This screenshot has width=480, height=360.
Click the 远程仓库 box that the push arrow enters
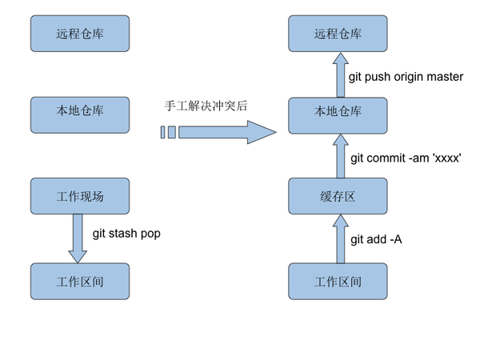[338, 34]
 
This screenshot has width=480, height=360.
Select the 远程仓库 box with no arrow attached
[80, 34]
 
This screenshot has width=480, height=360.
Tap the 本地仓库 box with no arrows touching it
[80, 115]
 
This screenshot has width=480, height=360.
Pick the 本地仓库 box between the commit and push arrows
[338, 116]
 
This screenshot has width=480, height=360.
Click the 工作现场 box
[80, 196]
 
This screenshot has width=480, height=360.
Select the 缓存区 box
[338, 196]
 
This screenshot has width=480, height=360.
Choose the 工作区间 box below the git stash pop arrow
[80, 282]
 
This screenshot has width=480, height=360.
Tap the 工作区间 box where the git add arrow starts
[338, 282]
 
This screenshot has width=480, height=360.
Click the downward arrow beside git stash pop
[78, 238]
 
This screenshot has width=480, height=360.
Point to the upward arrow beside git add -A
[341, 238]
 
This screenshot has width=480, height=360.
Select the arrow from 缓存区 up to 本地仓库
[341, 156]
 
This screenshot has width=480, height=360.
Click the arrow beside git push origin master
[341, 75]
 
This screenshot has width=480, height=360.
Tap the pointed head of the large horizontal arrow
[276, 132]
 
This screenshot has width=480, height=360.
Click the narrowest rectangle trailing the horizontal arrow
[163, 132]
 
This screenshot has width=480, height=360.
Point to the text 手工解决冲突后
[206, 106]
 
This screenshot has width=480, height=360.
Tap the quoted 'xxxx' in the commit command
[446, 158]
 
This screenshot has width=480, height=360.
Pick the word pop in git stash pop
[150, 234]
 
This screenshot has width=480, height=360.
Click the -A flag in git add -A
[396, 239]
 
